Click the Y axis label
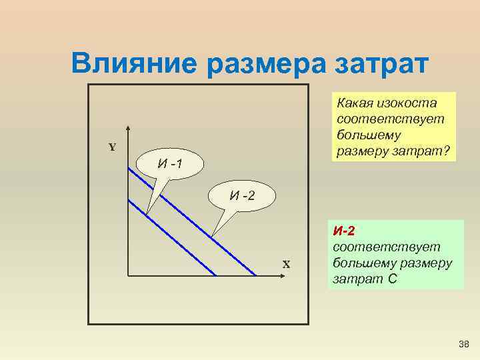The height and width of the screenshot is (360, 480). (x=112, y=147)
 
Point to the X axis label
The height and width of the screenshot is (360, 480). (x=286, y=264)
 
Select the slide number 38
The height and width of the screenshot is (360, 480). (x=464, y=344)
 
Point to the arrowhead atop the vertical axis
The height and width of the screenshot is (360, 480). (x=127, y=129)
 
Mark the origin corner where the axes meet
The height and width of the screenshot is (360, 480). (x=127, y=275)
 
